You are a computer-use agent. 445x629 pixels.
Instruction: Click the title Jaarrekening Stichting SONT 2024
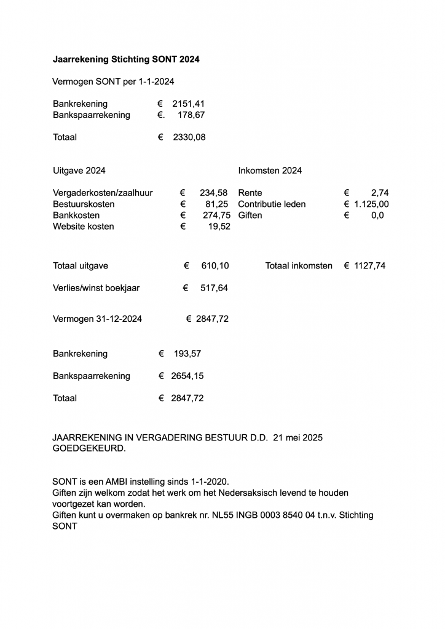pyautogui.click(x=126, y=60)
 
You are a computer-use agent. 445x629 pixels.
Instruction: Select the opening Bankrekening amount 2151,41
pyautogui.click(x=188, y=104)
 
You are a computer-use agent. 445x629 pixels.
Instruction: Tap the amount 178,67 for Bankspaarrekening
pyautogui.click(x=191, y=115)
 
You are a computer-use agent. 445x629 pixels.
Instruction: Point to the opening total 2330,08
pyautogui.click(x=189, y=137)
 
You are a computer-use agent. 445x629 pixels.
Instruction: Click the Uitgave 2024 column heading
pyautogui.click(x=79, y=170)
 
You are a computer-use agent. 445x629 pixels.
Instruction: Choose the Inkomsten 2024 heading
pyautogui.click(x=270, y=170)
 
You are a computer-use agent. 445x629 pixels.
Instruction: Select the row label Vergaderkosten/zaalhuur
pyautogui.click(x=103, y=193)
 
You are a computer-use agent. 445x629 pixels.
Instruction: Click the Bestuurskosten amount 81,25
pyautogui.click(x=217, y=204)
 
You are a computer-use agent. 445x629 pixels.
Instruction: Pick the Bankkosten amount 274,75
pyautogui.click(x=216, y=215)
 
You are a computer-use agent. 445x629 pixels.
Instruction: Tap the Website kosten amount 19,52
pyautogui.click(x=219, y=226)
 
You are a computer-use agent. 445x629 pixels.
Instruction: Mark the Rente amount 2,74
pyautogui.click(x=380, y=193)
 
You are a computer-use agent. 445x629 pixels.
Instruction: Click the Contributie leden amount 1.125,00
pyautogui.click(x=371, y=204)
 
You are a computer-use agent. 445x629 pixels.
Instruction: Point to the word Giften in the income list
pyautogui.click(x=250, y=215)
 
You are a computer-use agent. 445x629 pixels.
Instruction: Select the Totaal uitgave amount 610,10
pyautogui.click(x=215, y=266)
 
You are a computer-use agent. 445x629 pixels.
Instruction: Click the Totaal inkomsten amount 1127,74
pyautogui.click(x=370, y=266)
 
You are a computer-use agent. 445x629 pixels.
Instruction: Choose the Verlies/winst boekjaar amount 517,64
pyautogui.click(x=214, y=287)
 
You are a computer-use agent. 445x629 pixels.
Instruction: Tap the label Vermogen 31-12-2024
pyautogui.click(x=98, y=319)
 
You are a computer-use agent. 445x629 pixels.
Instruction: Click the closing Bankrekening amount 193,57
pyautogui.click(x=187, y=354)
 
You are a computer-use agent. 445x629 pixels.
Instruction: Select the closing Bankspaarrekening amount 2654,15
pyautogui.click(x=187, y=376)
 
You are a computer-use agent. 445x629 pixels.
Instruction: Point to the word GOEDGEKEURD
pyautogui.click(x=89, y=448)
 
